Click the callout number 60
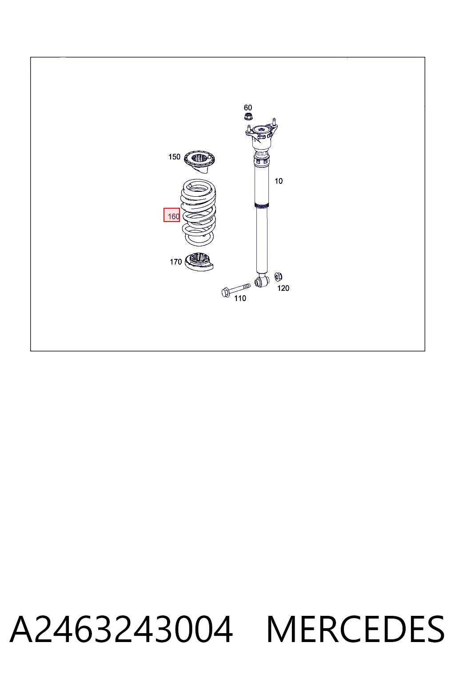248,107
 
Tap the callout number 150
174,157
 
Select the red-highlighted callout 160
172,215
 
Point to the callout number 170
176,262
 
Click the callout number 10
279,181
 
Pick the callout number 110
240,298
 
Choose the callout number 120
283,288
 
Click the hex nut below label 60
248,116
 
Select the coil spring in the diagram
199,213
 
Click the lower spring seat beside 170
200,262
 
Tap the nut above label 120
278,277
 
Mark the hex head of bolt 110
226,293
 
